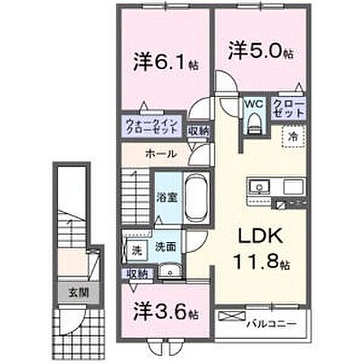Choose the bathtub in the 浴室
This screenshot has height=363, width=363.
(x=194, y=197)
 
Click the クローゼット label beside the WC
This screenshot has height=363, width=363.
(x=289, y=107)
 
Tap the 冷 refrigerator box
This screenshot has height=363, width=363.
(x=293, y=137)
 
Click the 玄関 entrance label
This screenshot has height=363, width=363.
(x=68, y=290)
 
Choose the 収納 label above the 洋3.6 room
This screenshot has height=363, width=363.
(x=137, y=273)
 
